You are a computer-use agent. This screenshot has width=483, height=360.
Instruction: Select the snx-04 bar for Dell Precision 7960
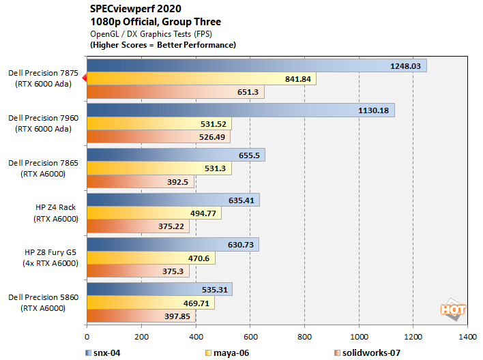(x=240, y=110)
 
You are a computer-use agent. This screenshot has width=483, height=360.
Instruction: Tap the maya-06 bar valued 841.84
(x=201, y=79)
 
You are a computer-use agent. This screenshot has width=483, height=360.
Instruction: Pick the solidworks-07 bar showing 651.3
(x=175, y=92)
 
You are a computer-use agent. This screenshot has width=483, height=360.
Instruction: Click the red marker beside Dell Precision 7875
(x=84, y=78)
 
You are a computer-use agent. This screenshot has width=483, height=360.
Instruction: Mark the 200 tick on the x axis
(x=141, y=337)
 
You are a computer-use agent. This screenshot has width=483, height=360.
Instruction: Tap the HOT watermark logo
(x=453, y=309)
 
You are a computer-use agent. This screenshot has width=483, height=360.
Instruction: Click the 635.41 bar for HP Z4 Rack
(x=173, y=200)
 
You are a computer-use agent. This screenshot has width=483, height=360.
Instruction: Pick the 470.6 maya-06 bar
(x=151, y=258)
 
